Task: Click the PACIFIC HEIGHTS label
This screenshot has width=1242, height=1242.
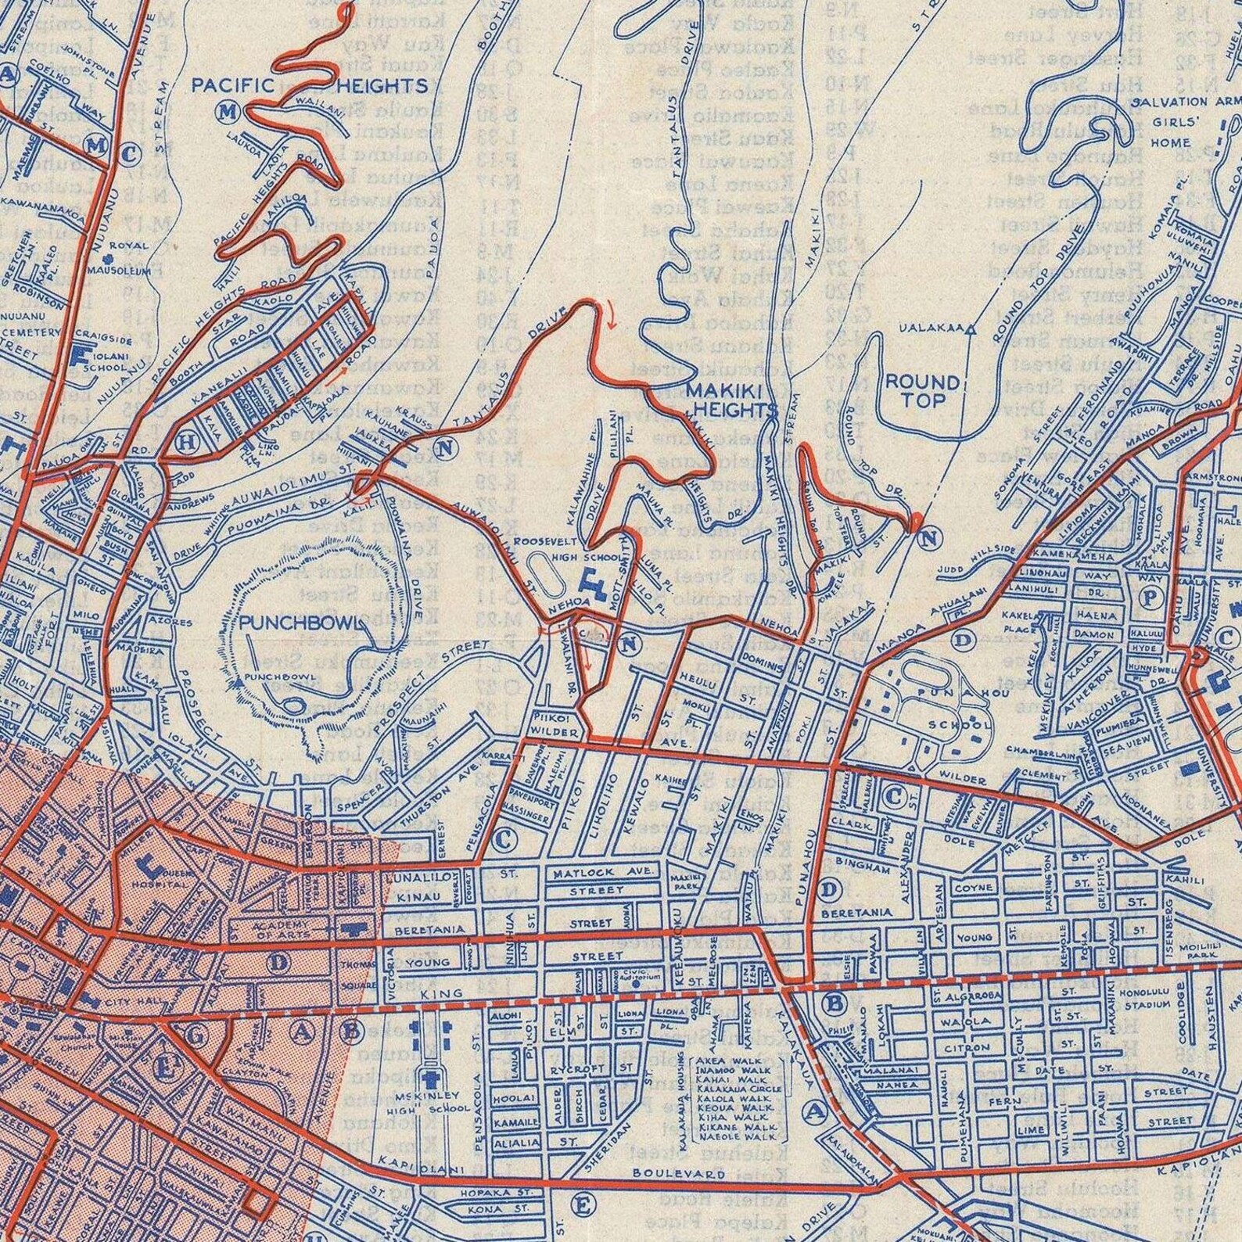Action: tap(309, 86)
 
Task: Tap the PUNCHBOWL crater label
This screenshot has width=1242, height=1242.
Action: tap(302, 623)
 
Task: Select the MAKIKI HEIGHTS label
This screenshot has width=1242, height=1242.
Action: tap(732, 400)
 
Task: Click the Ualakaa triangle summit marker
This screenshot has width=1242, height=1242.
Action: tap(971, 330)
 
